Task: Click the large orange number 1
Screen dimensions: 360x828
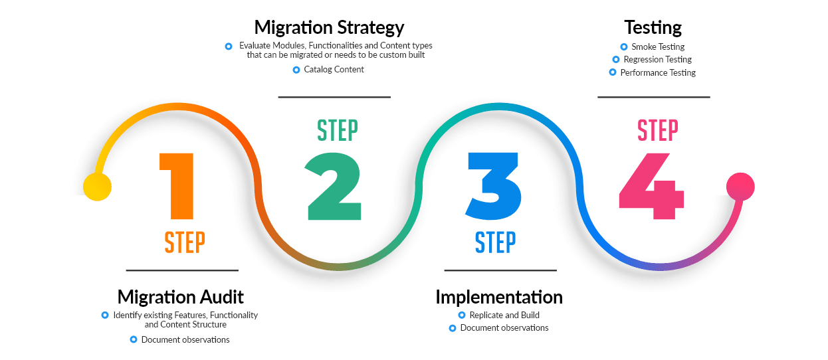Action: tap(178, 186)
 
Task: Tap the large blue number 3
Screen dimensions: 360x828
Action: tap(493, 186)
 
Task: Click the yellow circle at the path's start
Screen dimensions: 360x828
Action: tap(97, 187)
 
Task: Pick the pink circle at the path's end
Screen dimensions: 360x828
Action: tap(740, 186)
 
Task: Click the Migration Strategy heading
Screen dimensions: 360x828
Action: tap(329, 28)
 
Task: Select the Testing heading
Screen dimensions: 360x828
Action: tap(653, 28)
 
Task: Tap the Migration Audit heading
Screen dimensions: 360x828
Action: tap(181, 296)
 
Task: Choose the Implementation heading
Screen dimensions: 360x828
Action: tap(498, 296)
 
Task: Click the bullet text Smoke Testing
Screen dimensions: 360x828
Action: tap(657, 47)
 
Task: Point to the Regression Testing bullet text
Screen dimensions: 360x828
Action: tap(657, 60)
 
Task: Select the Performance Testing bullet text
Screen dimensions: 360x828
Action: tap(657, 72)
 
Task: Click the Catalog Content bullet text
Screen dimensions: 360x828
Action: tap(334, 70)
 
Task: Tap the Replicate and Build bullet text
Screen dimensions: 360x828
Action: tap(504, 315)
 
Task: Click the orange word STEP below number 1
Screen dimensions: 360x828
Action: tap(184, 242)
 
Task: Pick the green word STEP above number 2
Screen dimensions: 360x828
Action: tap(337, 130)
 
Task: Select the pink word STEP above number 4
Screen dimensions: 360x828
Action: tap(657, 130)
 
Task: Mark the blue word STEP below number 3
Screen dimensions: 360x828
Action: tap(495, 242)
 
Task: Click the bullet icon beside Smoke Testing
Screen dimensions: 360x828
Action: tap(623, 47)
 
